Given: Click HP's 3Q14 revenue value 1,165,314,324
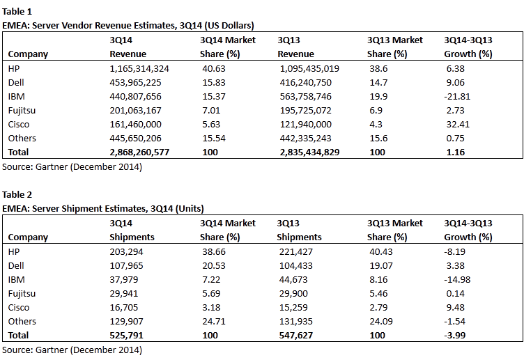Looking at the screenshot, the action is (139, 69).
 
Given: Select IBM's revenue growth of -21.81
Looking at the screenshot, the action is (457, 97).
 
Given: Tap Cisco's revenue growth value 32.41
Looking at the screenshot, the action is (458, 125).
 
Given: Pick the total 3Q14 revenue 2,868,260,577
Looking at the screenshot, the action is (139, 152).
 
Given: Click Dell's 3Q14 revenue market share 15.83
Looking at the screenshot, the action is (214, 82).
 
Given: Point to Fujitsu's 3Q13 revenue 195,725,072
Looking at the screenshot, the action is (305, 111).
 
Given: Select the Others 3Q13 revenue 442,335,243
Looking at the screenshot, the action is (305, 139).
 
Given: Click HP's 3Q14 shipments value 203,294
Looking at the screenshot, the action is (126, 252).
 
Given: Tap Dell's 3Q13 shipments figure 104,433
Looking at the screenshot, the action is (296, 266).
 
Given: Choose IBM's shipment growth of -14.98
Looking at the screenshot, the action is (457, 279).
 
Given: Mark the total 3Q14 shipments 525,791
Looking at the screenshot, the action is (126, 336).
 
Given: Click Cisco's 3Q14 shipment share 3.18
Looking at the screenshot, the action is (211, 308).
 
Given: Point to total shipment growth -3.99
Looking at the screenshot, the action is (455, 336).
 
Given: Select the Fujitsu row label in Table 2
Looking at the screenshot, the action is (22, 294).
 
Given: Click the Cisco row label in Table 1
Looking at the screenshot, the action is (19, 125).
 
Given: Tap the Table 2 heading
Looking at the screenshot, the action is (17, 194).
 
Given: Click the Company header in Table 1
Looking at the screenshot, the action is (28, 54).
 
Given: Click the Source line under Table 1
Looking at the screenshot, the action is (72, 166).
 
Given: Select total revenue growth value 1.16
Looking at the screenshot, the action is (456, 152).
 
